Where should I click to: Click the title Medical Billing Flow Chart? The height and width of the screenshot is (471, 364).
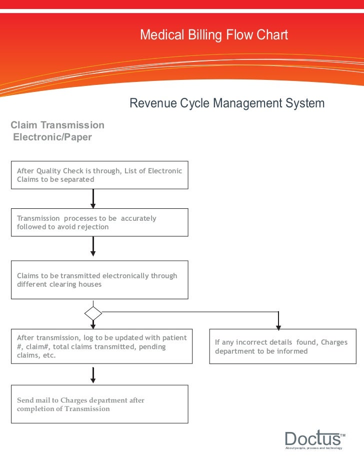(214, 35)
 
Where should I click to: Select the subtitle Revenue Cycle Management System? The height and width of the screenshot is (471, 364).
(227, 103)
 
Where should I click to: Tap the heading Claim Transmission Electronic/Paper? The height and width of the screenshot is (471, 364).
(57, 131)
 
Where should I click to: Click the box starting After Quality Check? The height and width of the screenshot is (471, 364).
(99, 175)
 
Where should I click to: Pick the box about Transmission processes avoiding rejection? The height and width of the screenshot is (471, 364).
(99, 222)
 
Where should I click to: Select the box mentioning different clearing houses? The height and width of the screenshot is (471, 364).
(99, 280)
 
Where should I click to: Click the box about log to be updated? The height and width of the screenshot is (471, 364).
(101, 346)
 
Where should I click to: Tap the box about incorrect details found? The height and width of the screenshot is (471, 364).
(282, 346)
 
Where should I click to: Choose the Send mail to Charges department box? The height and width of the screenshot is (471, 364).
(99, 404)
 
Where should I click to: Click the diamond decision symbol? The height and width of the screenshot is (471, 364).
(93, 314)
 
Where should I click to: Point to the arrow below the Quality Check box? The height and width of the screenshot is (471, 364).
(93, 198)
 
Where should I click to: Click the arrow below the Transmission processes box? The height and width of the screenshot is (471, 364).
(93, 247)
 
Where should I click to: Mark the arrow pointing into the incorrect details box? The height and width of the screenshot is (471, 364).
(278, 321)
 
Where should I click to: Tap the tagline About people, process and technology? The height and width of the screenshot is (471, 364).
(313, 449)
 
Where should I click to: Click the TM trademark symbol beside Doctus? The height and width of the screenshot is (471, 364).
(343, 436)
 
